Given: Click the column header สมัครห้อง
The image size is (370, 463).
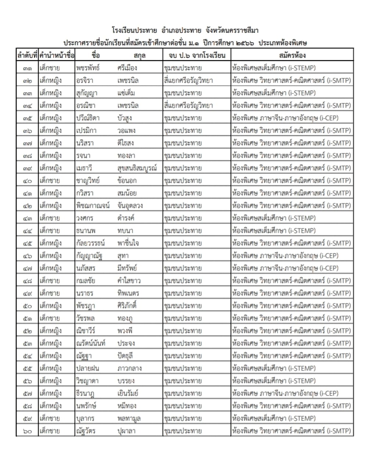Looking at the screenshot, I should [292, 56].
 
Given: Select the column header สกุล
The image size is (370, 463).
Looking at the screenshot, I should [139, 56].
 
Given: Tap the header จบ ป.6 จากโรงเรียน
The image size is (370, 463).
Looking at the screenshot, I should [197, 56].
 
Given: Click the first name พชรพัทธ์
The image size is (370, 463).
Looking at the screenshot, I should [88, 68].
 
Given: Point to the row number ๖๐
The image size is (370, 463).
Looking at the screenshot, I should [27, 431].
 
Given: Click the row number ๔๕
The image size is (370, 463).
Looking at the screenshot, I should [27, 243].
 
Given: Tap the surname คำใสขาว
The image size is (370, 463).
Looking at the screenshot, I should [129, 281].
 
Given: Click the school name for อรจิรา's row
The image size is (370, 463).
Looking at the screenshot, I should [188, 81].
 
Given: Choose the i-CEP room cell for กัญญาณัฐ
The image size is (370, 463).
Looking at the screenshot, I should [285, 256].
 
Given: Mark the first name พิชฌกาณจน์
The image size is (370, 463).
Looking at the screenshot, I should [93, 206].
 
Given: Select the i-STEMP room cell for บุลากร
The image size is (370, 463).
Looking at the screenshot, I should [274, 419].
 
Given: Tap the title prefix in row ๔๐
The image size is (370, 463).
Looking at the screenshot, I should [50, 181].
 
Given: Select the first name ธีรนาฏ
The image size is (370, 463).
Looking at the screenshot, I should [86, 393].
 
